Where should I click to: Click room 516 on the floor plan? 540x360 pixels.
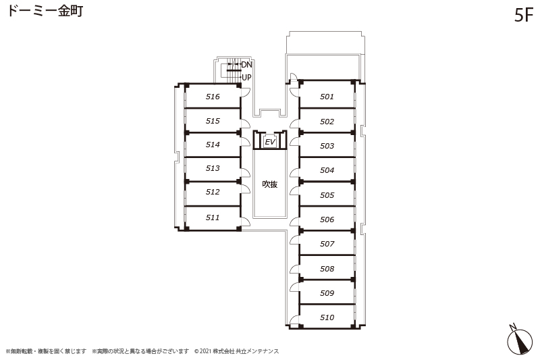point(213,97)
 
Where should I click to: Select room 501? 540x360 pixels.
point(327,97)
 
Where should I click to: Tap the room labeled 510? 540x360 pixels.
point(327,317)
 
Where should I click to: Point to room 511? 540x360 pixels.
point(213,217)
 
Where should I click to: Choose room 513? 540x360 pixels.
point(213,168)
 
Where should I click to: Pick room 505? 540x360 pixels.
point(327,195)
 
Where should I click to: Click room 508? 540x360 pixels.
point(327,268)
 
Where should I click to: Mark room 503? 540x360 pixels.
point(327,146)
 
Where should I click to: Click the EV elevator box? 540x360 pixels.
point(270,142)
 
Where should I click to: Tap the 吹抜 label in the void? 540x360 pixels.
point(269,184)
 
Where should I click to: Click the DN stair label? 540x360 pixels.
point(246,65)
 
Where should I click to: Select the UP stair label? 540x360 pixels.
point(246,78)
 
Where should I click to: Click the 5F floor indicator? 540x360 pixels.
point(524,16)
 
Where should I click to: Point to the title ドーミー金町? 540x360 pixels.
point(45,11)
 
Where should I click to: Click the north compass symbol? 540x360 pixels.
point(519,340)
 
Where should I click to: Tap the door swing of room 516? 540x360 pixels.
point(245,93)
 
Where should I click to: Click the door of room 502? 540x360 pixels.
point(295,124)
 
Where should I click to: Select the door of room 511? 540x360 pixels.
point(245,222)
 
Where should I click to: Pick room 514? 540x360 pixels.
point(213,145)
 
